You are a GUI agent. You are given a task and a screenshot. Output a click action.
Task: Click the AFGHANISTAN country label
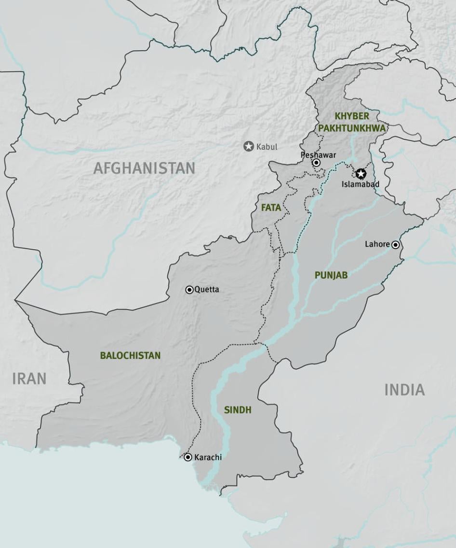click(144, 168)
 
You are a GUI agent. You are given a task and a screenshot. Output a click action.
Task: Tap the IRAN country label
click(29, 379)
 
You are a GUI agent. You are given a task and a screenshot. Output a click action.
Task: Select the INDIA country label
click(404, 390)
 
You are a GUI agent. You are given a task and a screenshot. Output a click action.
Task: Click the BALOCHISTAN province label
click(130, 355)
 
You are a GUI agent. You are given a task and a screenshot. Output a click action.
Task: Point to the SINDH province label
click(238, 410)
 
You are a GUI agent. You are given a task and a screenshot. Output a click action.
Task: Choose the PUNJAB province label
click(331, 275)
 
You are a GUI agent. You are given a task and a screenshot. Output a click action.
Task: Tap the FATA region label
click(271, 208)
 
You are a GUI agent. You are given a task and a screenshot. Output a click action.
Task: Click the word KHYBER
click(352, 116)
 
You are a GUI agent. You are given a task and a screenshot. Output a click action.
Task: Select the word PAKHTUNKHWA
click(352, 128)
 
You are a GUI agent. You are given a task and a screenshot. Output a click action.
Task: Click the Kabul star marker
click(249, 146)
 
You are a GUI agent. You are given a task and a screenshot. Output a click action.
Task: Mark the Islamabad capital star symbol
click(361, 174)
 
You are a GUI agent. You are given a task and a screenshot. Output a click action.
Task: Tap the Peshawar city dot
click(316, 163)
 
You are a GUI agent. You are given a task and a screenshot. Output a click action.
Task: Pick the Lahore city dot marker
click(396, 245)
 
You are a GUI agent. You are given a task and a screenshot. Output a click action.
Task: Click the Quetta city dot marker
click(189, 290)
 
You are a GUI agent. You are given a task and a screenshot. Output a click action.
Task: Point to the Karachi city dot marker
click(188, 457)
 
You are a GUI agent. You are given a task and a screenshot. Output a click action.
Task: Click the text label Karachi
click(208, 457)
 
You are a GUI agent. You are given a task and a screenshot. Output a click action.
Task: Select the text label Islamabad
click(361, 184)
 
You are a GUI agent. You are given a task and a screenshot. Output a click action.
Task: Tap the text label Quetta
click(207, 290)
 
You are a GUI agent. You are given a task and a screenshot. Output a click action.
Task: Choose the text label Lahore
click(377, 244)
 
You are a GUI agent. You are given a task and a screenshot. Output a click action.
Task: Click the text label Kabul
click(267, 147)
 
